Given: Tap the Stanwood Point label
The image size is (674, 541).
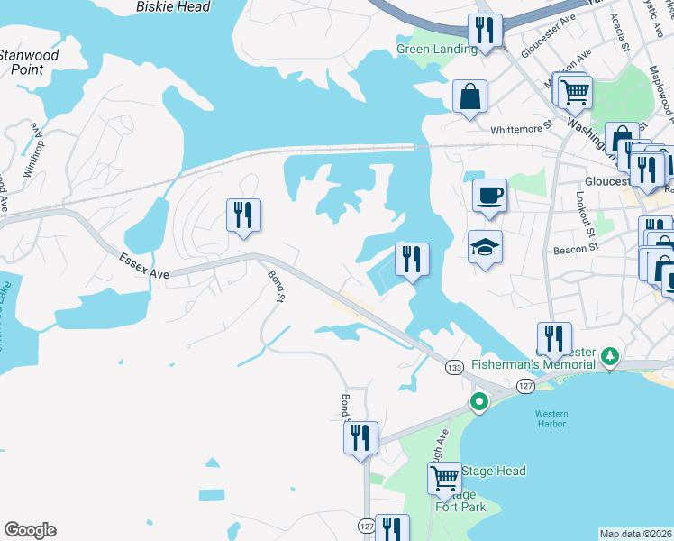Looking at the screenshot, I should pyautogui.click(x=29, y=61).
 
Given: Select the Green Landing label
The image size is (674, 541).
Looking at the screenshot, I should pyautogui.click(x=436, y=49).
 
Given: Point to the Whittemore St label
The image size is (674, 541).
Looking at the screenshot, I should pyautogui.click(x=520, y=130).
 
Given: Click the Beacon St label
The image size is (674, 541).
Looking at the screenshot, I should pyautogui.click(x=576, y=249).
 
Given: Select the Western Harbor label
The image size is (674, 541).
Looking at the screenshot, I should pyautogui.click(x=551, y=420).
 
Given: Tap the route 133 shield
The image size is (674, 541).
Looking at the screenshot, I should pyautogui.click(x=454, y=367).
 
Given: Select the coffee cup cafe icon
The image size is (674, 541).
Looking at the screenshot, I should pyautogui.click(x=489, y=195).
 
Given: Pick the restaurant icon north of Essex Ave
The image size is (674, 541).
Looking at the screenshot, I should pyautogui.click(x=243, y=215).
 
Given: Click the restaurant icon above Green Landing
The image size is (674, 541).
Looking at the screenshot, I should pyautogui.click(x=485, y=31).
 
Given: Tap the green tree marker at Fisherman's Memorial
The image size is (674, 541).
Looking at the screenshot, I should pyautogui.click(x=610, y=355).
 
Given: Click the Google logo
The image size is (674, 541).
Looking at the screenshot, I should pyautogui.click(x=30, y=530).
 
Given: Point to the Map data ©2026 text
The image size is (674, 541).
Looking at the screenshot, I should pyautogui.click(x=635, y=534).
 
